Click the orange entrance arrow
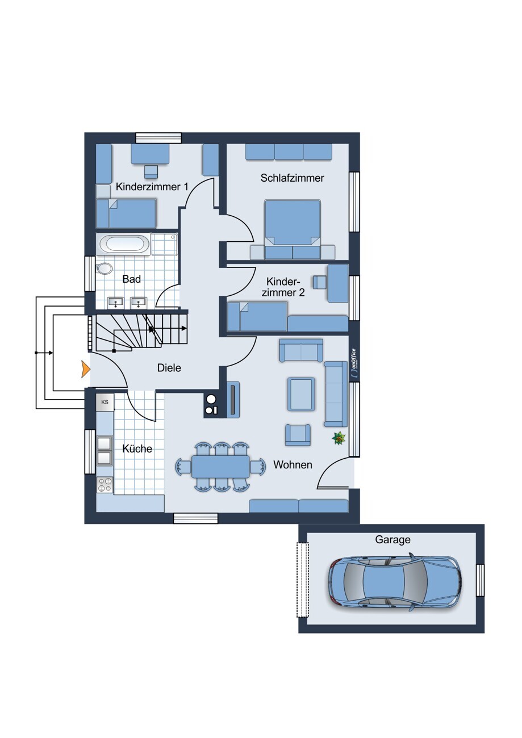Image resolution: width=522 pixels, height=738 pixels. (x=86, y=368)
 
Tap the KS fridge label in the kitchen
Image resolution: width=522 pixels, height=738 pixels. (x=105, y=402)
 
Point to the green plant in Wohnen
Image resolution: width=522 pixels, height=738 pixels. (x=339, y=438)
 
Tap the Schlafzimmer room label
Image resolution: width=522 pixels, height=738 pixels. (x=293, y=178)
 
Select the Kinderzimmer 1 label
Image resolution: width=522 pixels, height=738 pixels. (x=152, y=187)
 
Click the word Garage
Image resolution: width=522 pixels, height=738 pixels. (x=392, y=540)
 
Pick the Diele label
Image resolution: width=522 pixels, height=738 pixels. (x=169, y=368)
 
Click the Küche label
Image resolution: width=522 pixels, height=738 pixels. (x=137, y=448)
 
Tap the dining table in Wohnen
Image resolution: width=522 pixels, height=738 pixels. (x=220, y=466)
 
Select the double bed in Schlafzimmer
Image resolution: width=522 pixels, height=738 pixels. (x=293, y=229)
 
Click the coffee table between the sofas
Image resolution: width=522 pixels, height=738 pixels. (x=301, y=394)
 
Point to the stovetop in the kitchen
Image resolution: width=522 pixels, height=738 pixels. (x=105, y=485)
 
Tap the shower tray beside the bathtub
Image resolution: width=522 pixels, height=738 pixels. (x=164, y=244)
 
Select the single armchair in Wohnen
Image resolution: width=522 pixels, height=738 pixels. (x=298, y=434)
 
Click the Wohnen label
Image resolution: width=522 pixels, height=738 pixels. (x=293, y=465)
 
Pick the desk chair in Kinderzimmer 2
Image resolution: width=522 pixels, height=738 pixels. (x=319, y=282)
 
